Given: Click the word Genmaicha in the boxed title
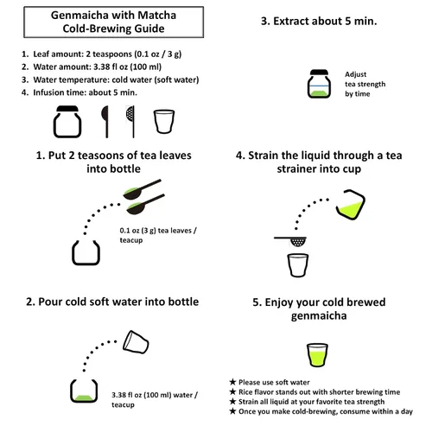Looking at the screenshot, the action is (x=79, y=16).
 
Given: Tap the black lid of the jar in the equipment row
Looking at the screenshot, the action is (x=67, y=109).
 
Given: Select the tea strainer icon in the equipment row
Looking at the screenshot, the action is (x=131, y=122).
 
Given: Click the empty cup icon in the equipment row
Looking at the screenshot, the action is (x=164, y=121).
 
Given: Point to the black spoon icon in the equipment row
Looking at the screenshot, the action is (x=106, y=122).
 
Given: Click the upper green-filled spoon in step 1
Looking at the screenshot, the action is (x=142, y=189).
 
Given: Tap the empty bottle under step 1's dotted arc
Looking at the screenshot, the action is (x=86, y=252).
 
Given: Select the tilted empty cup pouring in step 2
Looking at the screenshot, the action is (x=136, y=342).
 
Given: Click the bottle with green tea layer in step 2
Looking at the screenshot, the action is (x=84, y=391).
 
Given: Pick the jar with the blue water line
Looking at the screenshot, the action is (x=319, y=84).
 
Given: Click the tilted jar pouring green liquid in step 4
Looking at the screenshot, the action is (x=351, y=204).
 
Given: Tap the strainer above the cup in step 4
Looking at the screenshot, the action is (x=291, y=241).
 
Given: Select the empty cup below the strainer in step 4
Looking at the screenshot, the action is (x=298, y=265).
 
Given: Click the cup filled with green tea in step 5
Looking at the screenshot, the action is (x=317, y=355).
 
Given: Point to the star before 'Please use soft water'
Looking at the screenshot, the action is (x=232, y=382).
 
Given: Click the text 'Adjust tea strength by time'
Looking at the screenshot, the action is (x=365, y=84).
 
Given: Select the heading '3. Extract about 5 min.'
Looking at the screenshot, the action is (x=319, y=21).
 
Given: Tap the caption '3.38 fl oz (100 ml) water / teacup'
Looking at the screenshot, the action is (x=155, y=399).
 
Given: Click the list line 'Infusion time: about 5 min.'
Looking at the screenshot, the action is (x=85, y=92).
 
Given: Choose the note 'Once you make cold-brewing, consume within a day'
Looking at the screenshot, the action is (x=326, y=411).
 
